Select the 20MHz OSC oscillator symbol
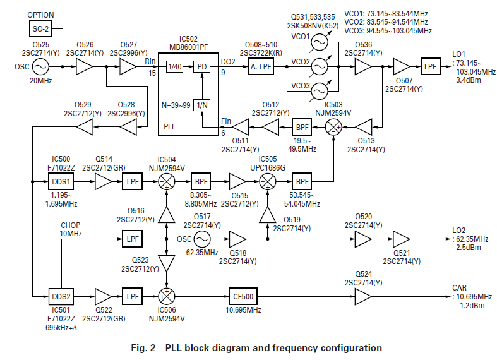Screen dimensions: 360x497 pyautogui.click(x=40, y=66)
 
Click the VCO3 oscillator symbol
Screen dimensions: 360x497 pyautogui.click(x=321, y=90)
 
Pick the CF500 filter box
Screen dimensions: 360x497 pyautogui.click(x=243, y=295)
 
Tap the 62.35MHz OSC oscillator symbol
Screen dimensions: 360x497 pyautogui.click(x=202, y=239)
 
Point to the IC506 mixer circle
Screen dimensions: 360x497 pyautogui.click(x=167, y=295)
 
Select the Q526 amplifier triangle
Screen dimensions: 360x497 pyautogui.click(x=84, y=66)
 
